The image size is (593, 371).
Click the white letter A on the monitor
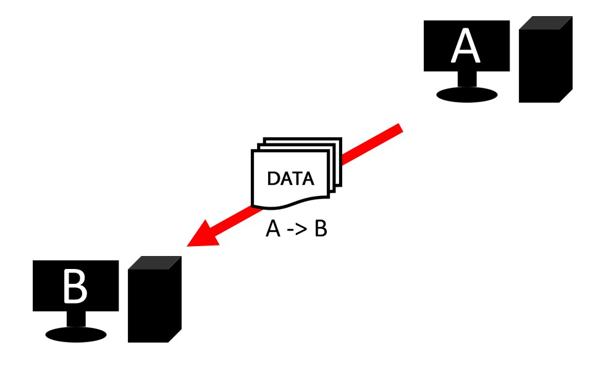[x=466, y=46]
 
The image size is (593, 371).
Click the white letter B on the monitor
[x=75, y=286]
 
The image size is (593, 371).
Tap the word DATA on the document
[x=290, y=179]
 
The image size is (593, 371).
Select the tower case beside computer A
[x=544, y=65]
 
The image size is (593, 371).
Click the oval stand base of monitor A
[x=466, y=94]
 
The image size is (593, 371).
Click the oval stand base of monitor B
[x=76, y=335]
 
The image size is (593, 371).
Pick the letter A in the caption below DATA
[x=272, y=229]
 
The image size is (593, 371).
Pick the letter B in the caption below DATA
[x=320, y=229]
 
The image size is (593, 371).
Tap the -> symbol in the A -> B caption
[x=296, y=230]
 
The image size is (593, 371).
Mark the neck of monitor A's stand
[x=466, y=79]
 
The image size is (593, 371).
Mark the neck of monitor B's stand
[x=76, y=319]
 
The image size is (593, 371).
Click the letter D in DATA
[x=272, y=179]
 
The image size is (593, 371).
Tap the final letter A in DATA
[x=307, y=179]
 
